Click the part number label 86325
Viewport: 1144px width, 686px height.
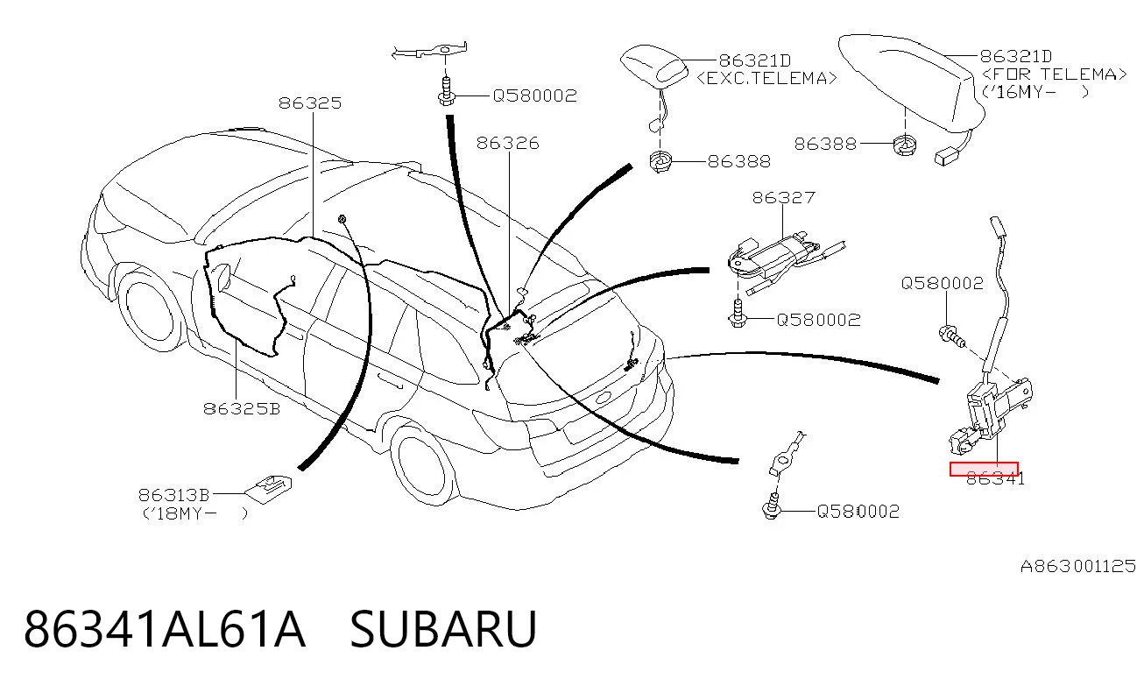310,103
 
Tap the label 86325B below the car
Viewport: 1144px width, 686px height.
242,408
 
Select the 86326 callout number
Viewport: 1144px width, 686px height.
508,143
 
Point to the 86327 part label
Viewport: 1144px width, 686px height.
783,198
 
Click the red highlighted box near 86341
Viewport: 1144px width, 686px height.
984,469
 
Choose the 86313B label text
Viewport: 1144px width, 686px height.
174,495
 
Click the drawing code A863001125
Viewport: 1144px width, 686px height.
1078,566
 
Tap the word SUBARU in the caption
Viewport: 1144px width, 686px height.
443,629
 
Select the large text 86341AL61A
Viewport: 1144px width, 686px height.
165,629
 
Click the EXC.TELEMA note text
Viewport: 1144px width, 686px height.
766,78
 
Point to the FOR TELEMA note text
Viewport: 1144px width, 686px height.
1054,74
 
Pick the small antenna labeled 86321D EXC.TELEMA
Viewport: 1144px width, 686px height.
654,66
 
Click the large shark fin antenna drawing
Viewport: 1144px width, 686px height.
912,81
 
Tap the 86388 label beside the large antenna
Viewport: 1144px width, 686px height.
825,144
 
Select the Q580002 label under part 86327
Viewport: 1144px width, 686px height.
819,321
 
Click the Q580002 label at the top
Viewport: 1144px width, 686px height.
534,95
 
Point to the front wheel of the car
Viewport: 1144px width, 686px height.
152,308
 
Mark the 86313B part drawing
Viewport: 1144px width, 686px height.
269,490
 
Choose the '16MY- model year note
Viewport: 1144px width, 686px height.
1035,93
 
